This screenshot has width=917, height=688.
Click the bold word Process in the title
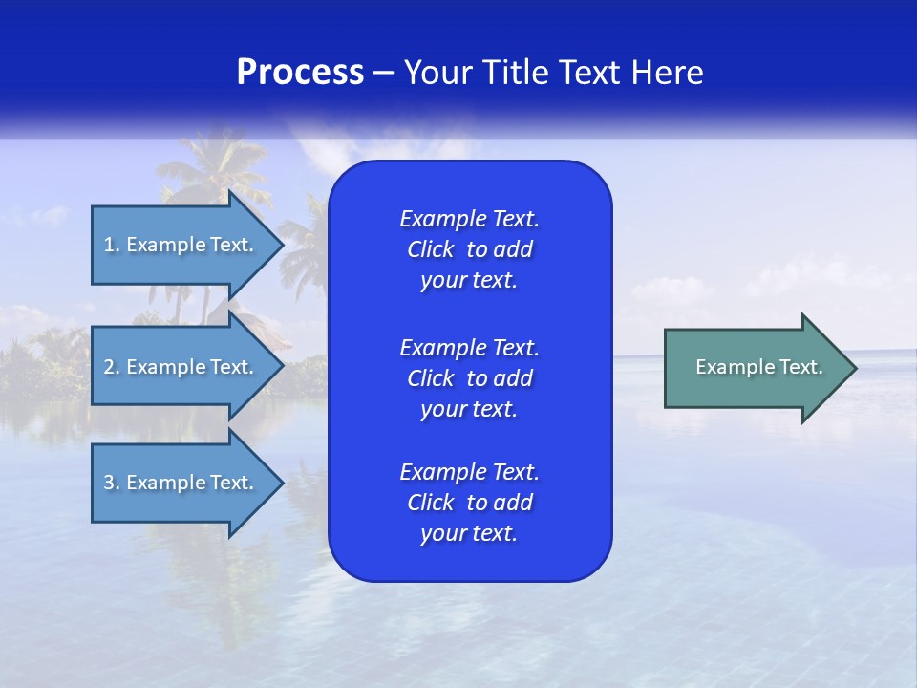[x=300, y=73]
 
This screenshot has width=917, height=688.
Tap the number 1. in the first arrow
[x=112, y=245]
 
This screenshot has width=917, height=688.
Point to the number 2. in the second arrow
[x=112, y=367]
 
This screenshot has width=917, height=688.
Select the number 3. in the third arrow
[x=112, y=483]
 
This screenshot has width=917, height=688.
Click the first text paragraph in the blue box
[x=469, y=249]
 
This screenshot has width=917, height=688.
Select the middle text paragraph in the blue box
[x=469, y=378]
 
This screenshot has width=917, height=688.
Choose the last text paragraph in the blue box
[x=469, y=503]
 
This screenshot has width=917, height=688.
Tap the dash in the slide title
[x=383, y=73]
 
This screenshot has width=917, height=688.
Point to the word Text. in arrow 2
[x=231, y=367]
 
